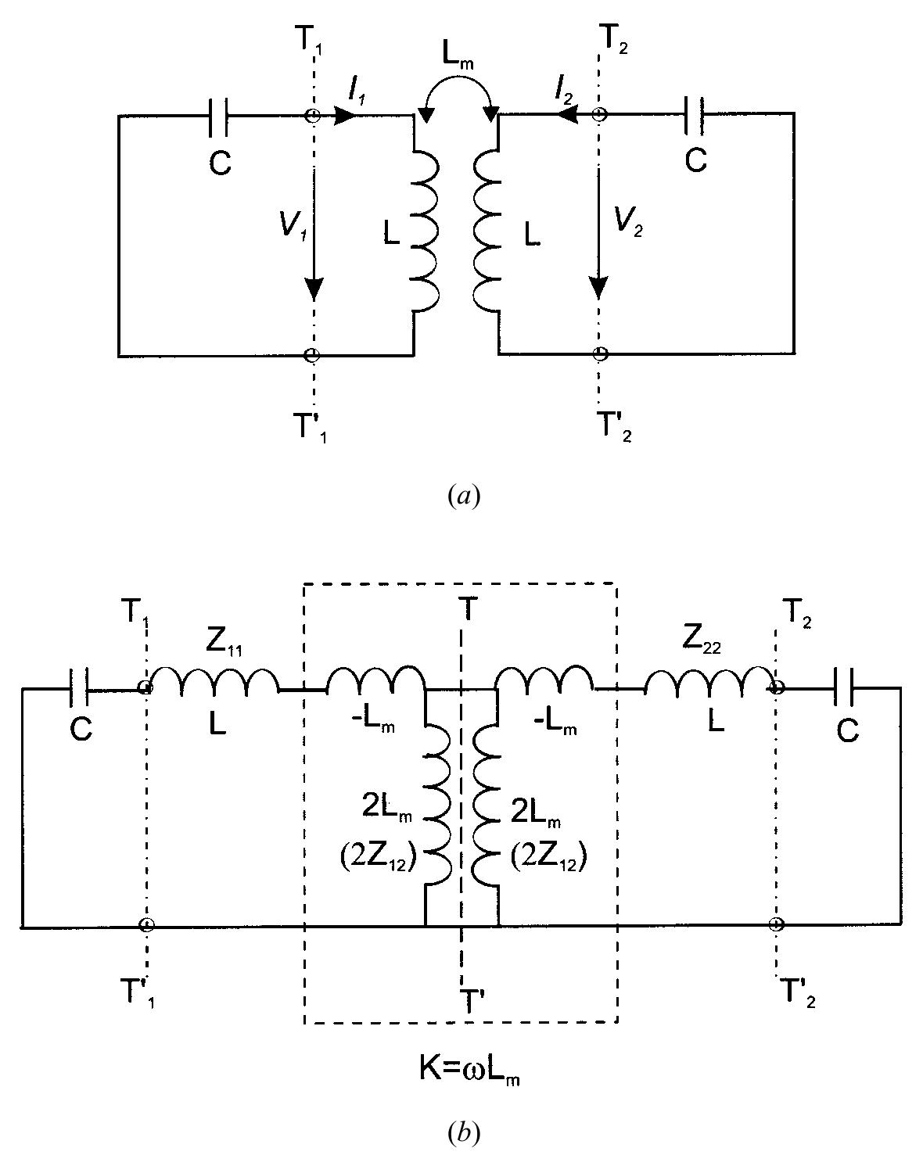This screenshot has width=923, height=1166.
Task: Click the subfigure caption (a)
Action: click(461, 496)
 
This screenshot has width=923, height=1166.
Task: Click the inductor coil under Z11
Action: click(213, 682)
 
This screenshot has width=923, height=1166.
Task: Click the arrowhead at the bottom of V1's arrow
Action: click(313, 289)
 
